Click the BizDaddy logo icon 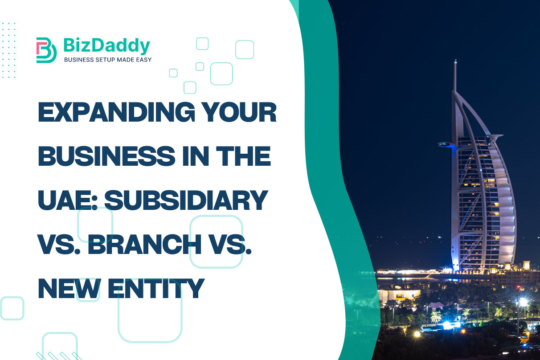point(46,50)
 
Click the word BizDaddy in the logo point(106,45)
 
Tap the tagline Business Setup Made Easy point(107,60)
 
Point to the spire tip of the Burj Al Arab point(455,61)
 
